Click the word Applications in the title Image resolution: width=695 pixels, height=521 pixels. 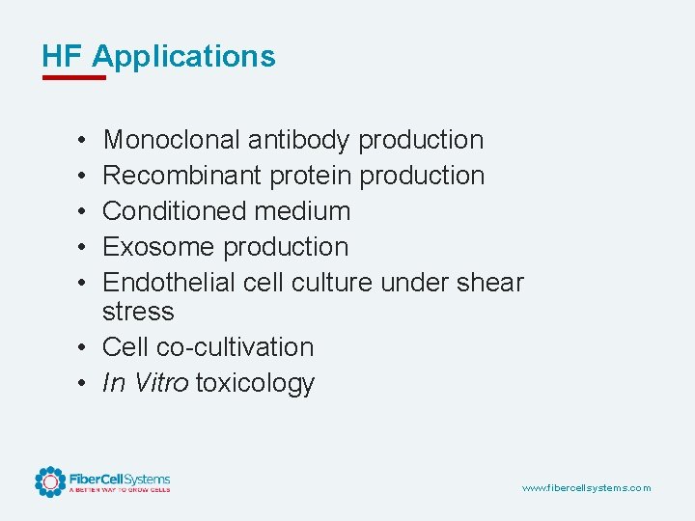[x=183, y=57]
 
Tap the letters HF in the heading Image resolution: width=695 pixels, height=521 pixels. [x=63, y=57]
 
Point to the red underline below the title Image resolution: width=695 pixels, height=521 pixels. [x=73, y=77]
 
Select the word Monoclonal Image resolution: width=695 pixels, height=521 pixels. [x=172, y=140]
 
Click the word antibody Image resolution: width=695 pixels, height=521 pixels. [x=298, y=140]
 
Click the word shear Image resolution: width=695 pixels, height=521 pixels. [x=491, y=283]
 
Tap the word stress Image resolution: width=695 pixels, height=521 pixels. [x=138, y=312]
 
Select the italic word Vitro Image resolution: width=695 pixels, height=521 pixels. [x=161, y=383]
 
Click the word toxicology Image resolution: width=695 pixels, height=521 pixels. [x=255, y=383]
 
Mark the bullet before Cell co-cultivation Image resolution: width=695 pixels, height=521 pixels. [x=85, y=347]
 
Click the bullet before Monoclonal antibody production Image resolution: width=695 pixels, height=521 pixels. [x=85, y=140]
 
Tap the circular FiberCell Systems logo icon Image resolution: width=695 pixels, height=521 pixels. [x=50, y=481]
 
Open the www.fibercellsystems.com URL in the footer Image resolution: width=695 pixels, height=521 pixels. [x=586, y=488]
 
